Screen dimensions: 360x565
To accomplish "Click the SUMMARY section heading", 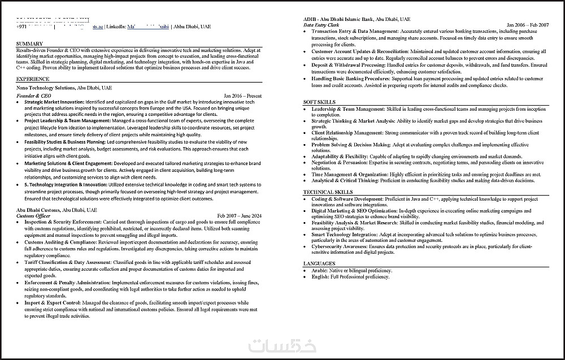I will (30, 44).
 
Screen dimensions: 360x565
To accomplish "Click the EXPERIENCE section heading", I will (33, 79).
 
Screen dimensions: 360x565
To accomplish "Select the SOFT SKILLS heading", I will (319, 102).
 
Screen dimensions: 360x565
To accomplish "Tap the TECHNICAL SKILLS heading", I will (328, 192).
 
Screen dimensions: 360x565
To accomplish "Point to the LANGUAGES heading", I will (319, 263).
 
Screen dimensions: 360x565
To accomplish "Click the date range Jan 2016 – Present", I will (242, 96).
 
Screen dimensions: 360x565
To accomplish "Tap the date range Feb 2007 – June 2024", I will (240, 216).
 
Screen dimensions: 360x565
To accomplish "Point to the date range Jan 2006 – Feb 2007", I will (528, 25).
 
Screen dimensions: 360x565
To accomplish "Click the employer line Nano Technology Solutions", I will (64, 88).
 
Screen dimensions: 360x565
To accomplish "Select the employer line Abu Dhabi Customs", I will (56, 210).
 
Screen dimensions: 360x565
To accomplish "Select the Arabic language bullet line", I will (350, 271).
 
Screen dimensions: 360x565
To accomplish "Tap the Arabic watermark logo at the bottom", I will (290, 345).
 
